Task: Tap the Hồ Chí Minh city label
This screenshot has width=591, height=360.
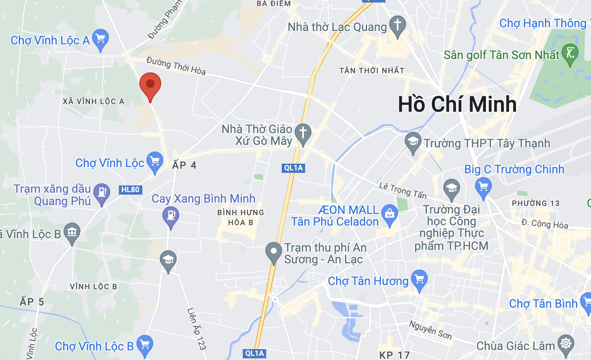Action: (457, 104)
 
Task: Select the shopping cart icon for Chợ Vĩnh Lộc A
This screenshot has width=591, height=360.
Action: (100, 39)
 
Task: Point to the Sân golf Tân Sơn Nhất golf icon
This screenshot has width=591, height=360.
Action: (570, 54)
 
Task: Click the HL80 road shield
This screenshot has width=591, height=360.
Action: (130, 190)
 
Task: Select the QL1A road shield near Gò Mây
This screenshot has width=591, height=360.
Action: (293, 168)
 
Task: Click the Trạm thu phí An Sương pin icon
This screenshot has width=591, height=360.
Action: (274, 252)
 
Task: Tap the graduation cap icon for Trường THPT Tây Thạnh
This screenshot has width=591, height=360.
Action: (413, 142)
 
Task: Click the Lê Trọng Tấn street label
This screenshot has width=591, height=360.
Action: (402, 190)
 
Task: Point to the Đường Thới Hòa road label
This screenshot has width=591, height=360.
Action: (176, 66)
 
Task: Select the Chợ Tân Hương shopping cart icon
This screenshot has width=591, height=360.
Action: (419, 279)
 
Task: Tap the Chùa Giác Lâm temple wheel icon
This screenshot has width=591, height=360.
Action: (566, 344)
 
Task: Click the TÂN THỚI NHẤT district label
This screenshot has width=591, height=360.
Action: (372, 71)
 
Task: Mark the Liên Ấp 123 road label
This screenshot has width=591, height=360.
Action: (196, 329)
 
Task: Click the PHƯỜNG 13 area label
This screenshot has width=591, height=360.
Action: (535, 203)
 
